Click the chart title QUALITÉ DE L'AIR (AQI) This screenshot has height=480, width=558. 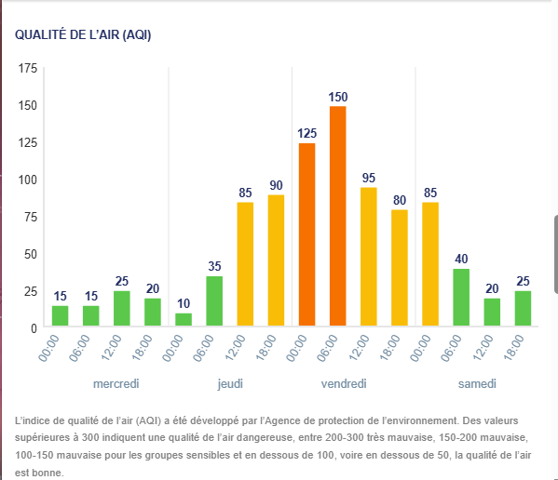point(83,34)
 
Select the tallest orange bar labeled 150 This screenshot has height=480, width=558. point(338,216)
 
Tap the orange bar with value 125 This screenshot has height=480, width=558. point(306,234)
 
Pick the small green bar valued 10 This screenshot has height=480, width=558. point(184,319)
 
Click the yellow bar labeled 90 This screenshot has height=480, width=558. point(276,260)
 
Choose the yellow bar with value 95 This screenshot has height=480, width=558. point(368,257)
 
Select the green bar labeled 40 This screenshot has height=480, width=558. point(461,298)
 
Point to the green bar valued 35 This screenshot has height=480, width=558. point(214,301)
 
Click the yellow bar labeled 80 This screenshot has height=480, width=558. point(400,268)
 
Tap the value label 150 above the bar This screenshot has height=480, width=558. point(338,97)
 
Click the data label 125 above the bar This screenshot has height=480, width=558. point(306,134)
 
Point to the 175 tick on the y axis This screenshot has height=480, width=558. point(28,68)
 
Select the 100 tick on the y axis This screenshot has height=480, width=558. point(28,180)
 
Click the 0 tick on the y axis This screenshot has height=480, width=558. point(34,328)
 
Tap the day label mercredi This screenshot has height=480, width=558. point(116,383)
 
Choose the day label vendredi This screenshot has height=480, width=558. point(344,383)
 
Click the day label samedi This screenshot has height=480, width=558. point(477,383)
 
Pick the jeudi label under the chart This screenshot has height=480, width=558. point(230,384)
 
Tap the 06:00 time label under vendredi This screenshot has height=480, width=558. point(327,348)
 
